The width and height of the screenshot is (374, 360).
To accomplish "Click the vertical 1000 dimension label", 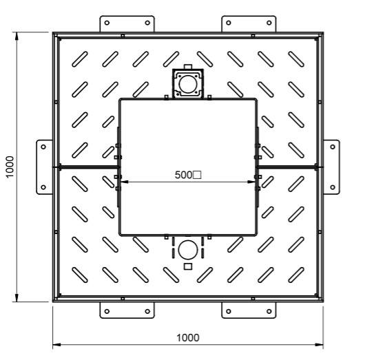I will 10,166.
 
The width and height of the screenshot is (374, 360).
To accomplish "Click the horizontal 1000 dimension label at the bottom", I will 187,337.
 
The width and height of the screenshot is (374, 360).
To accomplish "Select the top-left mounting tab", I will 128,23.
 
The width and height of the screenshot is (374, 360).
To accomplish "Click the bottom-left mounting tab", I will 128,310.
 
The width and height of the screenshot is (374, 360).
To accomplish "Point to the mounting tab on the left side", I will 45,166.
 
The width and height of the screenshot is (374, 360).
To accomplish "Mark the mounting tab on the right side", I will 331,166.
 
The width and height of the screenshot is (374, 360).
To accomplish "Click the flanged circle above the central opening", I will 187,84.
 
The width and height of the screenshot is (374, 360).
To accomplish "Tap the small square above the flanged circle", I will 187,67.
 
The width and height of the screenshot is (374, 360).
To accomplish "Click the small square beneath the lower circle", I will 187,266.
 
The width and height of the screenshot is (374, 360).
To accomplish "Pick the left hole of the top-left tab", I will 107,22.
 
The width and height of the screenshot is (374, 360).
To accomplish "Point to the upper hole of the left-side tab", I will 43,146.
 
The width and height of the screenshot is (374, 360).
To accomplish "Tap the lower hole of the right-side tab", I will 333,186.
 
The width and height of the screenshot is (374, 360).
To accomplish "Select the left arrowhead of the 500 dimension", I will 123,182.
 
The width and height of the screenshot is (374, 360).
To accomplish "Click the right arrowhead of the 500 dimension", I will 252,182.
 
